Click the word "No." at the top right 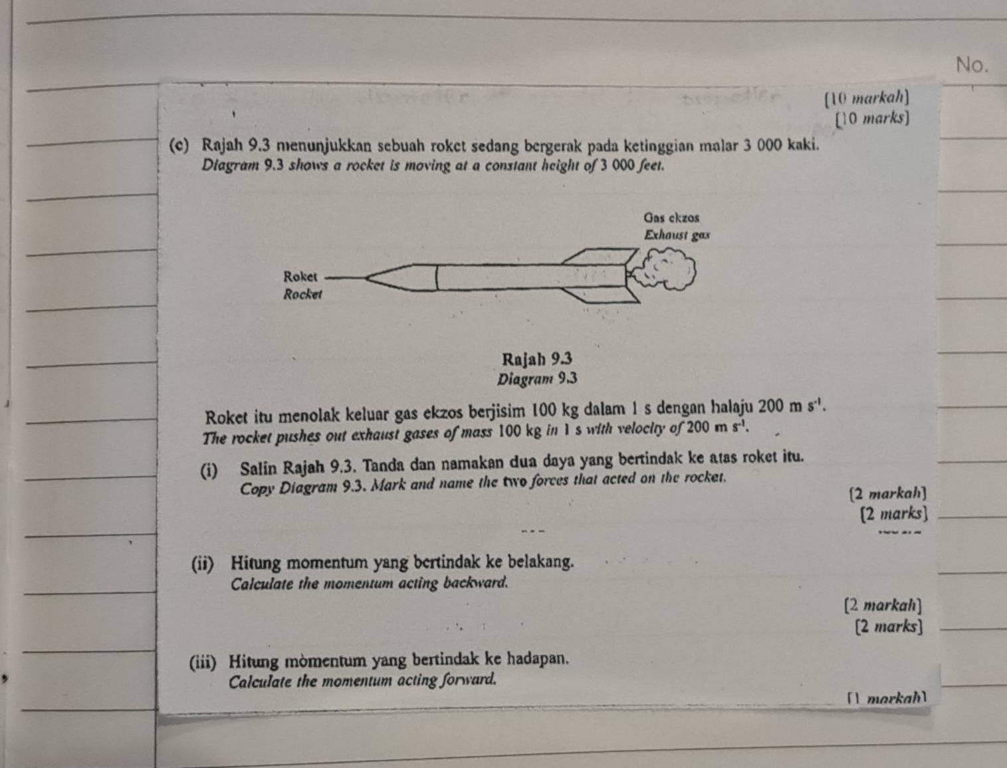(972, 64)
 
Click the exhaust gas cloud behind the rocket (665, 268)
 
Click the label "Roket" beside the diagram (301, 275)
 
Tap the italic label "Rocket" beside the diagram (302, 294)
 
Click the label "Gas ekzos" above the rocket (671, 217)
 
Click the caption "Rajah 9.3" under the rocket (537, 359)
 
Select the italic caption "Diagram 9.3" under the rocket (537, 379)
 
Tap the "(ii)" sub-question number (201, 563)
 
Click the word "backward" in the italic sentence (477, 583)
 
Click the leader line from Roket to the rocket (346, 277)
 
